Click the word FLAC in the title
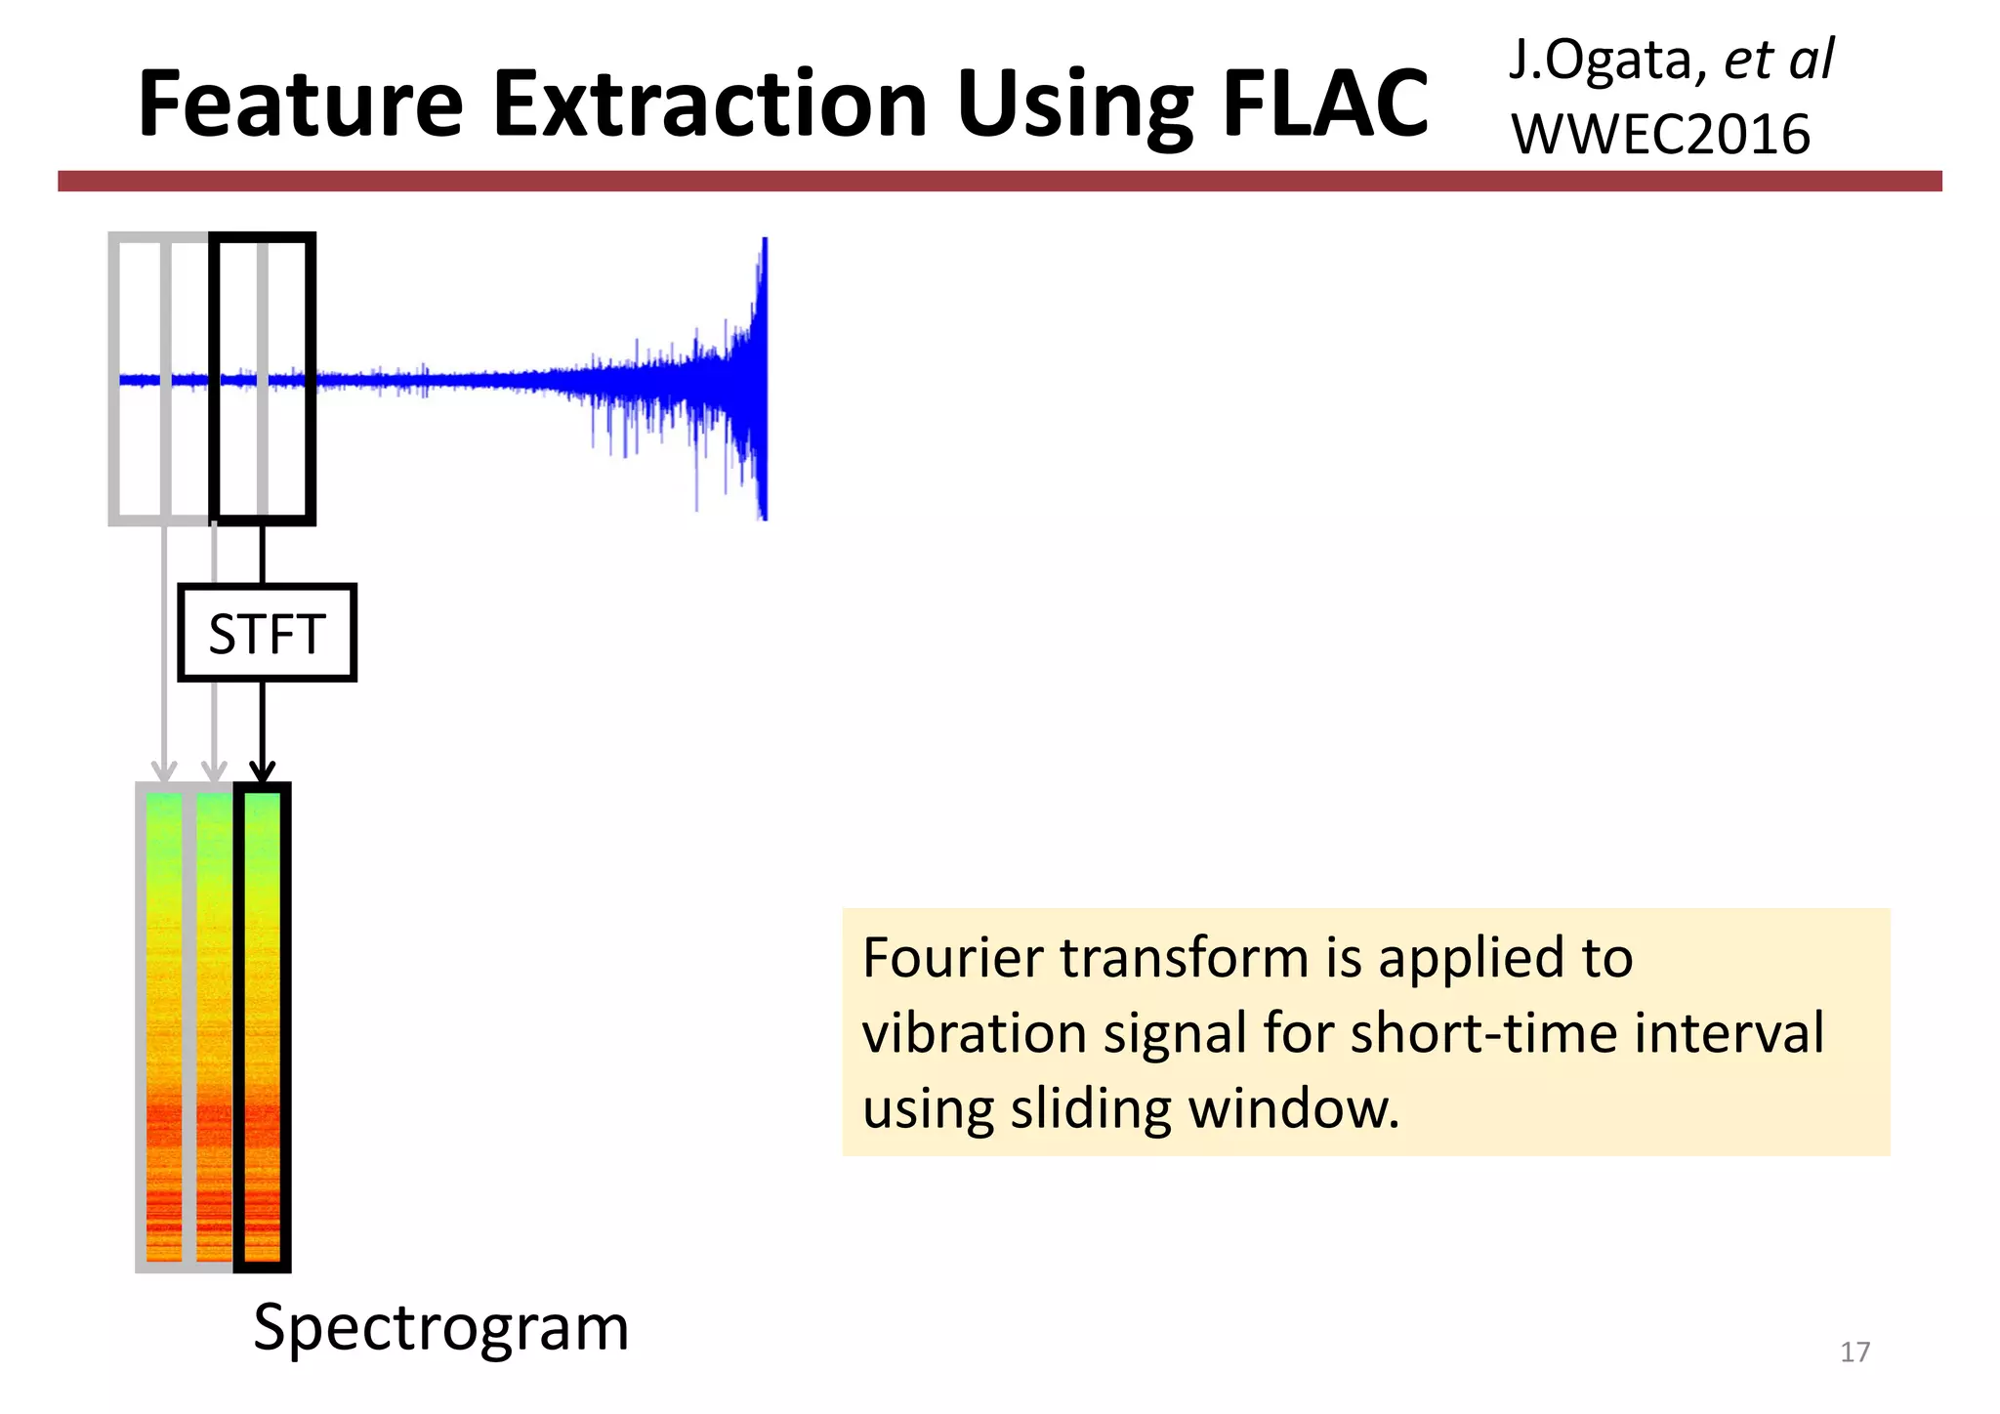pos(1324,104)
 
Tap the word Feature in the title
pos(300,104)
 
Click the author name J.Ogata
pos(1603,61)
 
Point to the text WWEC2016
pos(1660,134)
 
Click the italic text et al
pos(1778,61)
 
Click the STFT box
pos(267,633)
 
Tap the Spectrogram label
pos(440,1327)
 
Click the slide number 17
pos(1854,1352)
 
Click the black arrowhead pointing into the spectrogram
pos(263,772)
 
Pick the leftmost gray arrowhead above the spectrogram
pos(164,770)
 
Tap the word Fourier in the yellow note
pos(955,957)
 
